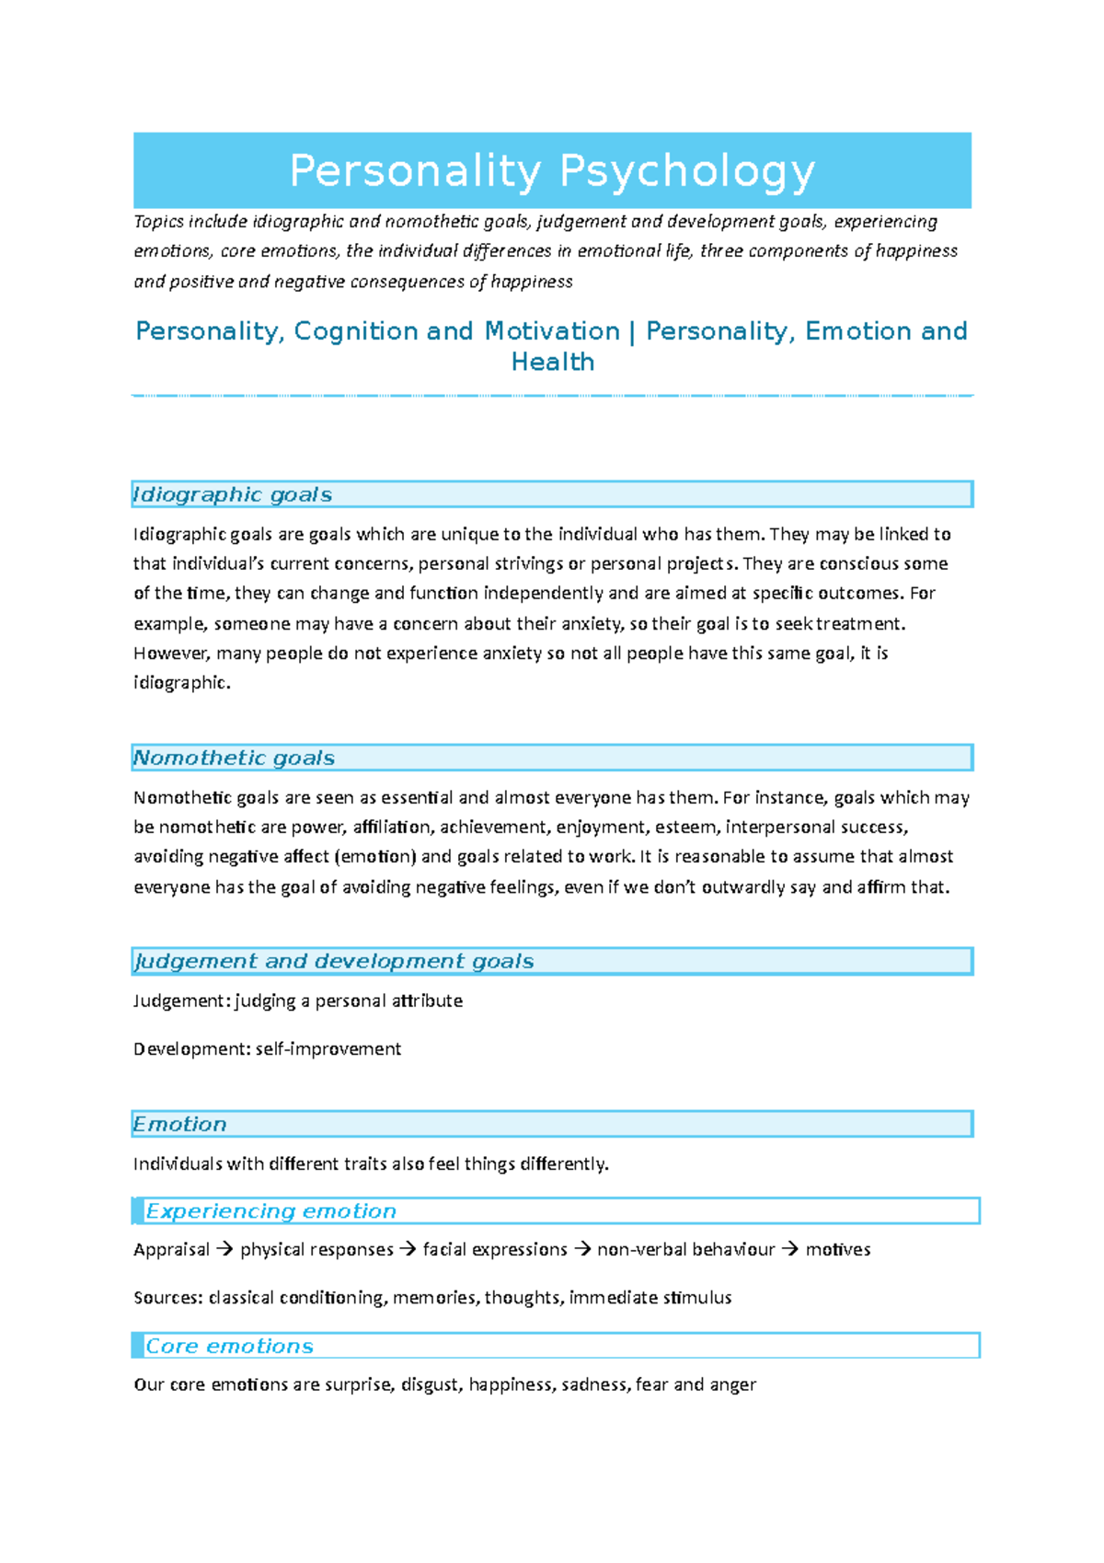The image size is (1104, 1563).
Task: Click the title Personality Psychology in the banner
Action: pyautogui.click(x=552, y=171)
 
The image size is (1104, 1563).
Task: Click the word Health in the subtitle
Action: pyautogui.click(x=552, y=362)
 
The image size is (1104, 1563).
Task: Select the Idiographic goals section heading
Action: pyautogui.click(x=232, y=494)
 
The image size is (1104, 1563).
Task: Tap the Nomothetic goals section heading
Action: pyautogui.click(x=234, y=758)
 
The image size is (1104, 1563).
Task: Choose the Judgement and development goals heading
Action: pyautogui.click(x=333, y=961)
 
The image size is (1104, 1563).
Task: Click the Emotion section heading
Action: pyautogui.click(x=179, y=1124)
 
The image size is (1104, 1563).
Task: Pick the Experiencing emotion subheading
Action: pyautogui.click(x=270, y=1210)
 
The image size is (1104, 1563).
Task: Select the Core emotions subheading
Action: pyautogui.click(x=229, y=1346)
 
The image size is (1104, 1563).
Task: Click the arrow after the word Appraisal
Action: pyautogui.click(x=224, y=1250)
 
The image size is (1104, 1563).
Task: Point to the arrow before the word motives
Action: pyautogui.click(x=790, y=1250)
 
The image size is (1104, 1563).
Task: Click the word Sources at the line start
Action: pyautogui.click(x=167, y=1298)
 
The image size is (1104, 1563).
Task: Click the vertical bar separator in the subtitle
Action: pyautogui.click(x=633, y=331)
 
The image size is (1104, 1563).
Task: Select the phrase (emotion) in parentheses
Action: pyautogui.click(x=375, y=857)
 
